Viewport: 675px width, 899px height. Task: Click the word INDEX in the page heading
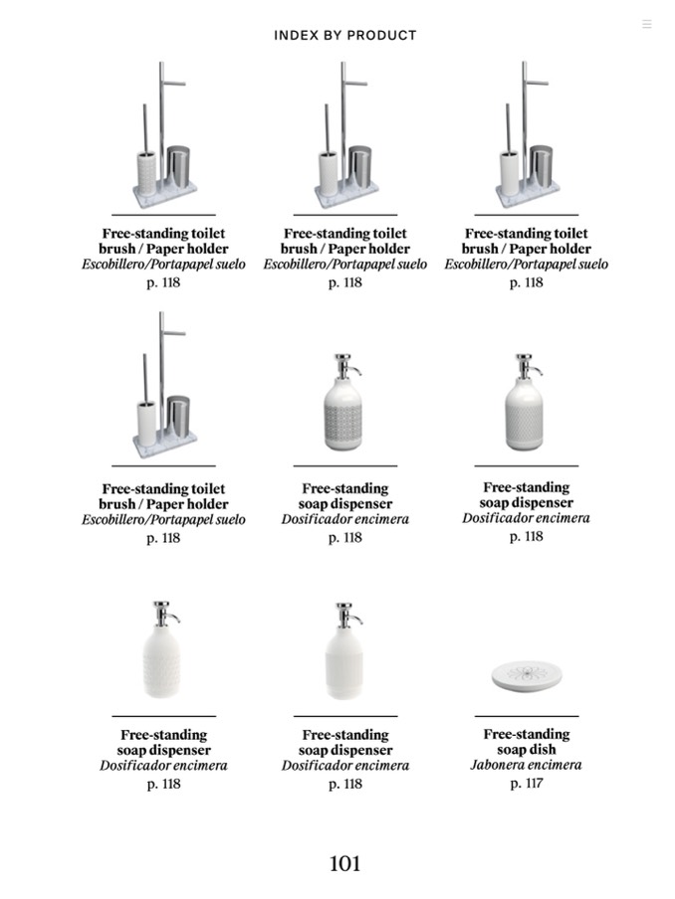click(296, 36)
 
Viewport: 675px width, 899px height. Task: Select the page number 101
click(344, 863)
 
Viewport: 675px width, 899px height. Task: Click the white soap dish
click(526, 677)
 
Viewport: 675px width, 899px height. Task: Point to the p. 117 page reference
click(526, 784)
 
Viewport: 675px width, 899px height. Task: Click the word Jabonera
click(500, 766)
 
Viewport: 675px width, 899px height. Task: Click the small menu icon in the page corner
click(646, 24)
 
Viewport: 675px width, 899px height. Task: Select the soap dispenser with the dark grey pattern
click(344, 411)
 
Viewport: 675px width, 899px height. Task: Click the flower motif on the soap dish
click(526, 675)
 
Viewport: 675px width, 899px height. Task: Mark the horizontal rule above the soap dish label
click(526, 716)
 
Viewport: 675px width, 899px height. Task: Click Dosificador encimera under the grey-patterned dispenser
click(344, 519)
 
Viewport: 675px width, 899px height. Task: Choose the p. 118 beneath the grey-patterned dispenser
click(344, 538)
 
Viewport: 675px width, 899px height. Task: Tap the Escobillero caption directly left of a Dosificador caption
click(163, 520)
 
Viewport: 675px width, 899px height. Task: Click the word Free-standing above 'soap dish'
click(526, 734)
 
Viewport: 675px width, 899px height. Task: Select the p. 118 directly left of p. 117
click(344, 785)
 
